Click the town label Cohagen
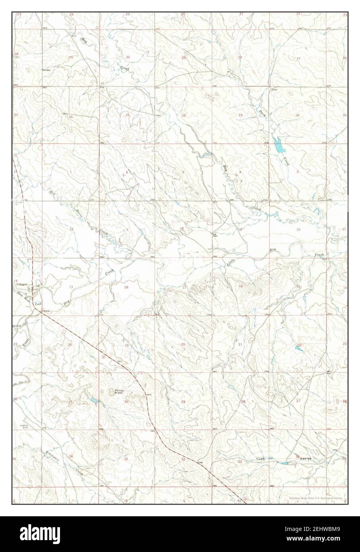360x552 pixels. pyautogui.click(x=21, y=284)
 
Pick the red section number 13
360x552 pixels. pyautogui.click(x=71, y=287)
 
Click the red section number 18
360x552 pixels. pyautogui.click(x=126, y=287)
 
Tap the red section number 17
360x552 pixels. pyautogui.click(x=184, y=287)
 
